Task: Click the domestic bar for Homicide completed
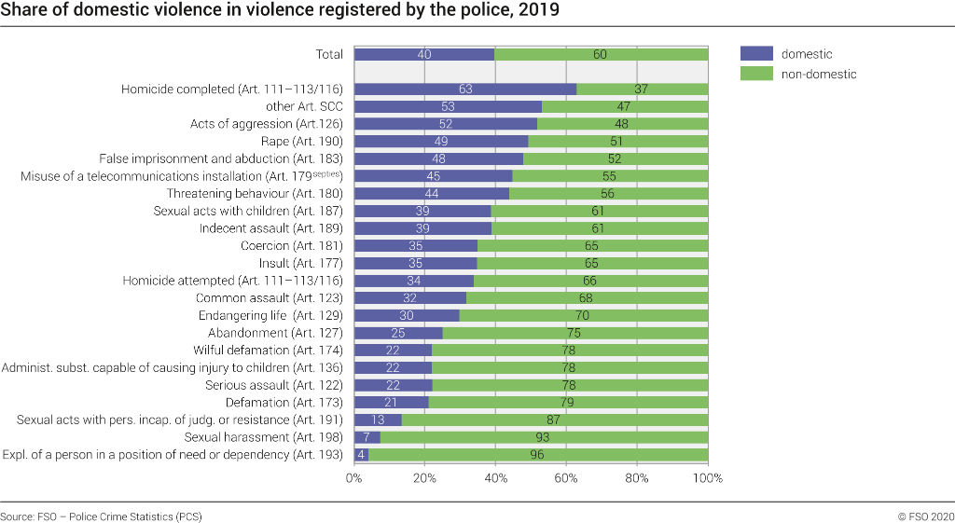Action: [x=464, y=89]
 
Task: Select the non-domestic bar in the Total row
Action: [x=602, y=54]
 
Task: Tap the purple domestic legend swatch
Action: [x=756, y=54]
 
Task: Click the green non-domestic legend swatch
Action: [x=756, y=74]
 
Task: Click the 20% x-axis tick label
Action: [x=424, y=478]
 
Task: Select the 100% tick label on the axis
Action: [x=708, y=478]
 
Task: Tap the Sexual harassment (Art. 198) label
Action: [x=264, y=437]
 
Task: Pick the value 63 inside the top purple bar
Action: [x=464, y=89]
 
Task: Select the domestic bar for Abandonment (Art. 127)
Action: [x=398, y=333]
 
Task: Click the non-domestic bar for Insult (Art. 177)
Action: [x=593, y=264]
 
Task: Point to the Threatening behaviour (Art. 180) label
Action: [x=255, y=194]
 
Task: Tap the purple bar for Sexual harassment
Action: [x=367, y=437]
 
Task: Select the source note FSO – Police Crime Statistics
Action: [x=101, y=516]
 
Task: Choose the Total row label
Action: [x=329, y=54]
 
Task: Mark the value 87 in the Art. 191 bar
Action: [x=554, y=420]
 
